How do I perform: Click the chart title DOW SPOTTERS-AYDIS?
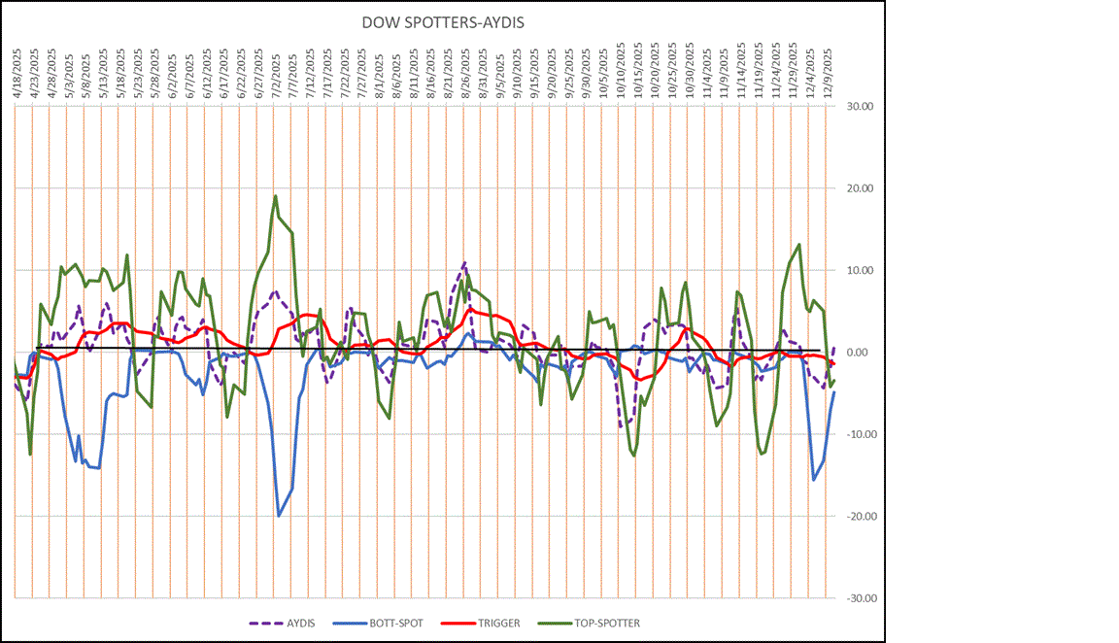pos(442,22)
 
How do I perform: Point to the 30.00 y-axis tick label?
pos(858,107)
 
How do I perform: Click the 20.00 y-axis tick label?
pos(858,188)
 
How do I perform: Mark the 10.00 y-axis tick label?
pos(858,271)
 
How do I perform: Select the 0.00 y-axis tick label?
pos(860,353)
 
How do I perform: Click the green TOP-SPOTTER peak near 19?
pos(276,196)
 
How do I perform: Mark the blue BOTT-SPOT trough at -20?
pos(279,516)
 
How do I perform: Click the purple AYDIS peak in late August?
pos(464,263)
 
